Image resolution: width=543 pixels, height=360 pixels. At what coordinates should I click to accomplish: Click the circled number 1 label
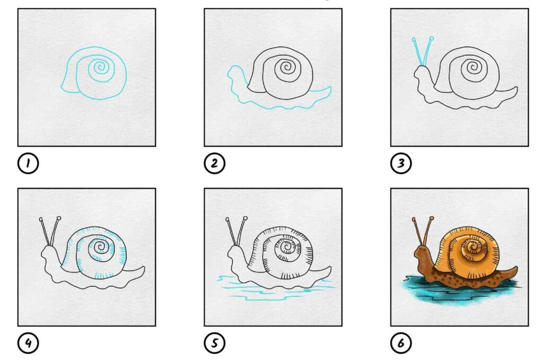pyautogui.click(x=28, y=163)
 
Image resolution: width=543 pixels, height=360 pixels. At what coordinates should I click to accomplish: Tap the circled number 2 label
pyautogui.click(x=214, y=163)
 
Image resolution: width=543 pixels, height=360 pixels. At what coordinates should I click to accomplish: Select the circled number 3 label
pyautogui.click(x=401, y=163)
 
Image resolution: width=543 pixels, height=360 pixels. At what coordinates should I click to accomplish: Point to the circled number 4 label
pyautogui.click(x=28, y=343)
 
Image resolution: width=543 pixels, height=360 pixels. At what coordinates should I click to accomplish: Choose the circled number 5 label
pyautogui.click(x=214, y=343)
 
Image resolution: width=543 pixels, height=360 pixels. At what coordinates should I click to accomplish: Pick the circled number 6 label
pyautogui.click(x=401, y=343)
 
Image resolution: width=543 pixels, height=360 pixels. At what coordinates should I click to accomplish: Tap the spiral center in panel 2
pyautogui.click(x=286, y=67)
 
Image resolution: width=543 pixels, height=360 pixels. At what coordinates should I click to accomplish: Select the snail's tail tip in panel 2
pyautogui.click(x=330, y=88)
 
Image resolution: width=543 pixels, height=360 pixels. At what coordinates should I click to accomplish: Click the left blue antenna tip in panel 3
pyautogui.click(x=414, y=40)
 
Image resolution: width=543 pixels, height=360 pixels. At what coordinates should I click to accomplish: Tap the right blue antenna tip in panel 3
pyautogui.click(x=432, y=38)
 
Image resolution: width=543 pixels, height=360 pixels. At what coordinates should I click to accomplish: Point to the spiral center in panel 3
pyautogui.click(x=472, y=67)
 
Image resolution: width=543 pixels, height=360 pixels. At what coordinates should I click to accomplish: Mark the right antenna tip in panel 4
pyautogui.click(x=59, y=218)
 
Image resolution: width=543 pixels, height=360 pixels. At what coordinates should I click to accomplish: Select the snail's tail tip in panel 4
pyautogui.click(x=144, y=268)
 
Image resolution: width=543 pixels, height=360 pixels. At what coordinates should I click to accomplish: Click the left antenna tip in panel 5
pyautogui.click(x=227, y=219)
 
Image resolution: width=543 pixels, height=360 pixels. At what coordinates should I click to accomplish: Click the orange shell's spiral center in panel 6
pyautogui.click(x=472, y=247)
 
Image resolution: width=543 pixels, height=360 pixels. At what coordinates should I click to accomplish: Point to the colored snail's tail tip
pyautogui.click(x=516, y=268)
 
